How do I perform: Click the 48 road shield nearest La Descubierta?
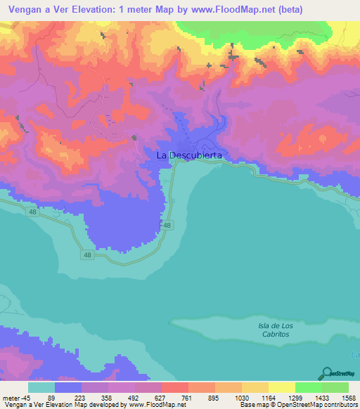pyautogui.click(x=166, y=225)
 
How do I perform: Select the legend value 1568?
pyautogui.click(x=347, y=397)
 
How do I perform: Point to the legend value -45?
pyautogui.click(x=25, y=397)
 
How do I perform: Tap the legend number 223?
pyautogui.click(x=79, y=397)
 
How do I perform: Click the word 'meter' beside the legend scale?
pyautogui.click(x=10, y=397)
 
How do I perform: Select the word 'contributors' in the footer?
pyautogui.click(x=340, y=405)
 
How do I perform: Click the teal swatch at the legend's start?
pyautogui.click(x=41, y=387)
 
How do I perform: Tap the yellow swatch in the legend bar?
pyautogui.click(x=281, y=387)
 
